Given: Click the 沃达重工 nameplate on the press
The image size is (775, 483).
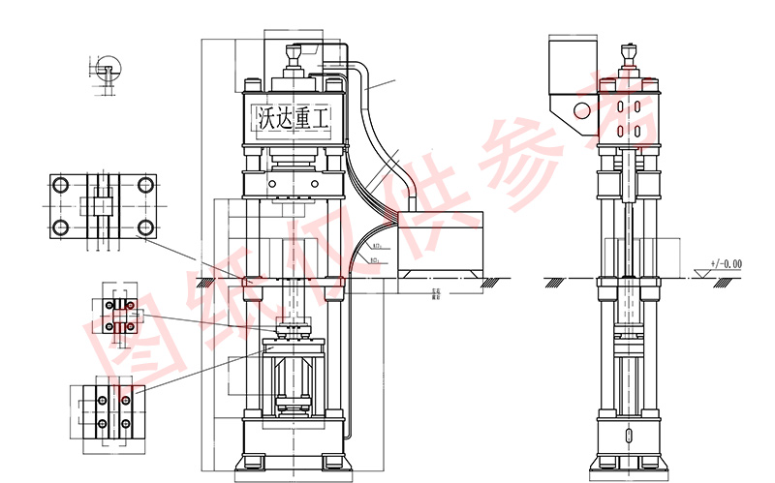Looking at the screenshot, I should coord(292,118).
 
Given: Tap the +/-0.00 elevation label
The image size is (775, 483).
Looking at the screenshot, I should coord(725,263).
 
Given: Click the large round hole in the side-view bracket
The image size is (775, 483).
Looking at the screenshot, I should coord(581,109).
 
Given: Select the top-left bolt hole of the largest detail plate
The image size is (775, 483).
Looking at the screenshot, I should coord(61,184).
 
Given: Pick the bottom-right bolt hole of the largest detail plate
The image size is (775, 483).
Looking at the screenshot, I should coord(145,227).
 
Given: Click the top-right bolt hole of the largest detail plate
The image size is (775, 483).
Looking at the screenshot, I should coord(145,184).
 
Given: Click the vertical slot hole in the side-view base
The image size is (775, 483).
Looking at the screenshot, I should coord(630,435).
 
